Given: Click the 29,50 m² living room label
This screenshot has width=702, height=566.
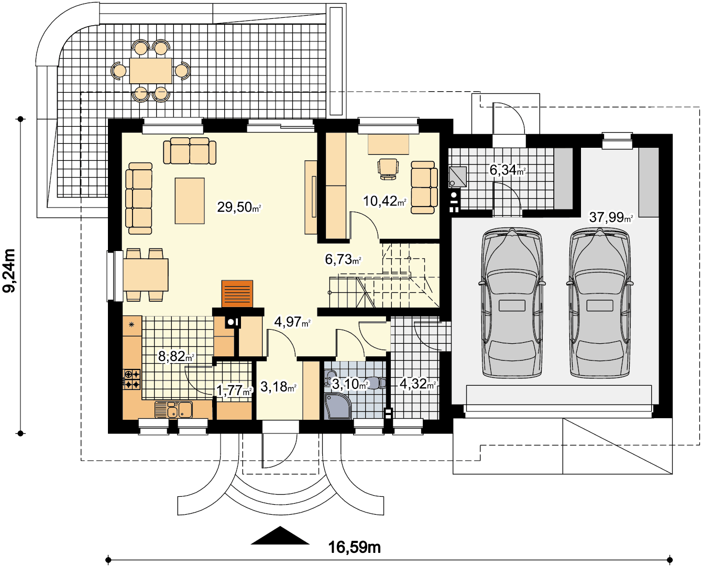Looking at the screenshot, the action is [x=239, y=208].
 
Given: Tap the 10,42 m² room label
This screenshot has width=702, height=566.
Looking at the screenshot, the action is [x=385, y=201].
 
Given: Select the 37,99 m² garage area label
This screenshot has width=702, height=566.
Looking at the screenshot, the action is [x=611, y=217].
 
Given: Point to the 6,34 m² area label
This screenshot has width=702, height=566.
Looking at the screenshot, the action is [x=507, y=170].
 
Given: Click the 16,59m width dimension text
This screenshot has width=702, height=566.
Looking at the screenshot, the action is [x=354, y=547].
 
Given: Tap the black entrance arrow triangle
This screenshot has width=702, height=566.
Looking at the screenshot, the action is [x=280, y=535].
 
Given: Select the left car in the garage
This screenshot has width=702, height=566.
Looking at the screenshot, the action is [x=512, y=302].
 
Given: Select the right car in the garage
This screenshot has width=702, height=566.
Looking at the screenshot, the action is [x=600, y=302].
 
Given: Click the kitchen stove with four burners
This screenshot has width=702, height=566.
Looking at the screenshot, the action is [x=132, y=379].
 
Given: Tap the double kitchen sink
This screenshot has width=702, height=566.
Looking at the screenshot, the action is [x=173, y=410].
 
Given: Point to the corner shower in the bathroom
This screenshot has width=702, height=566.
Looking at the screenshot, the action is [x=337, y=406].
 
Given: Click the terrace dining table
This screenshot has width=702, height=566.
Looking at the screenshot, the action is [x=151, y=71].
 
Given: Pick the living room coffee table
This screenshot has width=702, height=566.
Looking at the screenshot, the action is [x=190, y=201].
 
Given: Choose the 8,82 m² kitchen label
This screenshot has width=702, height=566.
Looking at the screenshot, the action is [x=176, y=356].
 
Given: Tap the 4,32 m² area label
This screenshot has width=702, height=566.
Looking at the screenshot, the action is [x=418, y=384].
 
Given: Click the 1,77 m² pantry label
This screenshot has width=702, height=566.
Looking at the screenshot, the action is [x=234, y=390].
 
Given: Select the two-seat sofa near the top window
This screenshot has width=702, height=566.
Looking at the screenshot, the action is [x=190, y=150].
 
